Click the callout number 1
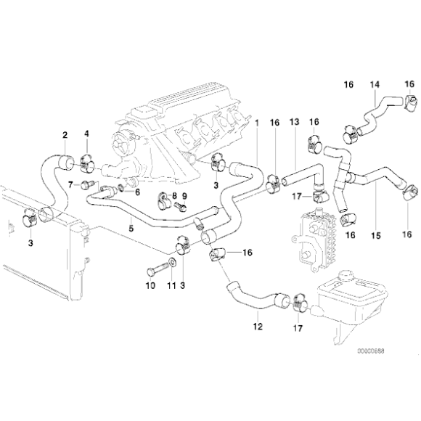coord(256,123)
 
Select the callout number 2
coord(65,134)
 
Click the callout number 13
coord(295,123)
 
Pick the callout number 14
coord(375,85)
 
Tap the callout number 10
coord(152,285)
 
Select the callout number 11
coord(172,285)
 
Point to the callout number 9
coord(184,196)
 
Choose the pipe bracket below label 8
coord(164,198)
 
